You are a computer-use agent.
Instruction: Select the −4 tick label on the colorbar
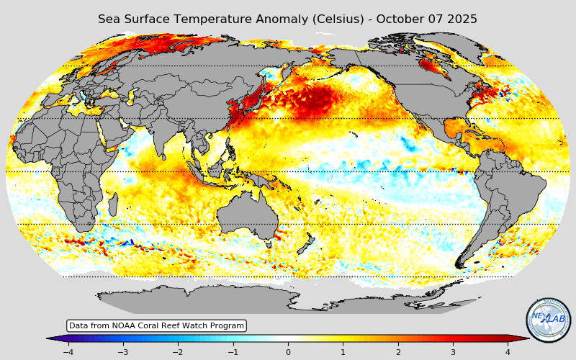[x=68, y=352]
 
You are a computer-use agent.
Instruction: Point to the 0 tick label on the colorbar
[x=288, y=352]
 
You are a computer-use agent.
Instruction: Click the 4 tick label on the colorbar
[x=508, y=352]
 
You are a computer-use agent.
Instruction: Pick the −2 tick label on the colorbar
[x=177, y=352]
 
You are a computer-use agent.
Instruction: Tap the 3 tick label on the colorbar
[x=453, y=352]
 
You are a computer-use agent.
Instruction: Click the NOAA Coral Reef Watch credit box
[x=156, y=326]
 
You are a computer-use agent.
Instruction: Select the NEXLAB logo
[x=549, y=320]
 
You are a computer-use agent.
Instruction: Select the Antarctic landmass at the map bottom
[x=288, y=299]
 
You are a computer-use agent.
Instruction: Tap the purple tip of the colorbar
[x=51, y=338]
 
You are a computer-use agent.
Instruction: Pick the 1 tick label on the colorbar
[x=343, y=352]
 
